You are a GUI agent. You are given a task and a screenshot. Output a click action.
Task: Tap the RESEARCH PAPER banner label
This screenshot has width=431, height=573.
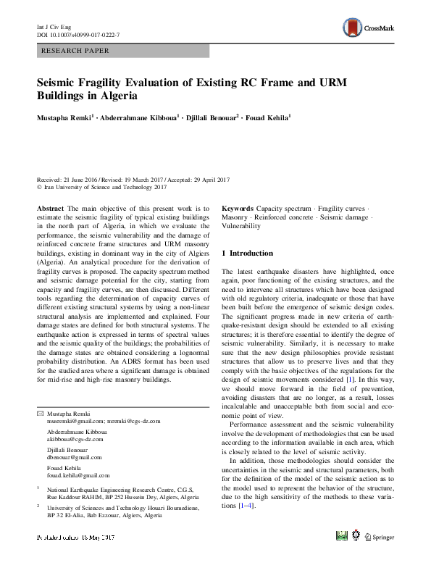coord(76,51)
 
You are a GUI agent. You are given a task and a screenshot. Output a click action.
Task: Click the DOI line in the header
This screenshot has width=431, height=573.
coord(78,34)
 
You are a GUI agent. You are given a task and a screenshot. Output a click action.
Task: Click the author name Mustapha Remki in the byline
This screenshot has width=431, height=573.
coord(63,116)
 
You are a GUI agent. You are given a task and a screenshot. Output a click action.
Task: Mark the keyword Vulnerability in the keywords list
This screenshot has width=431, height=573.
coord(240,227)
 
